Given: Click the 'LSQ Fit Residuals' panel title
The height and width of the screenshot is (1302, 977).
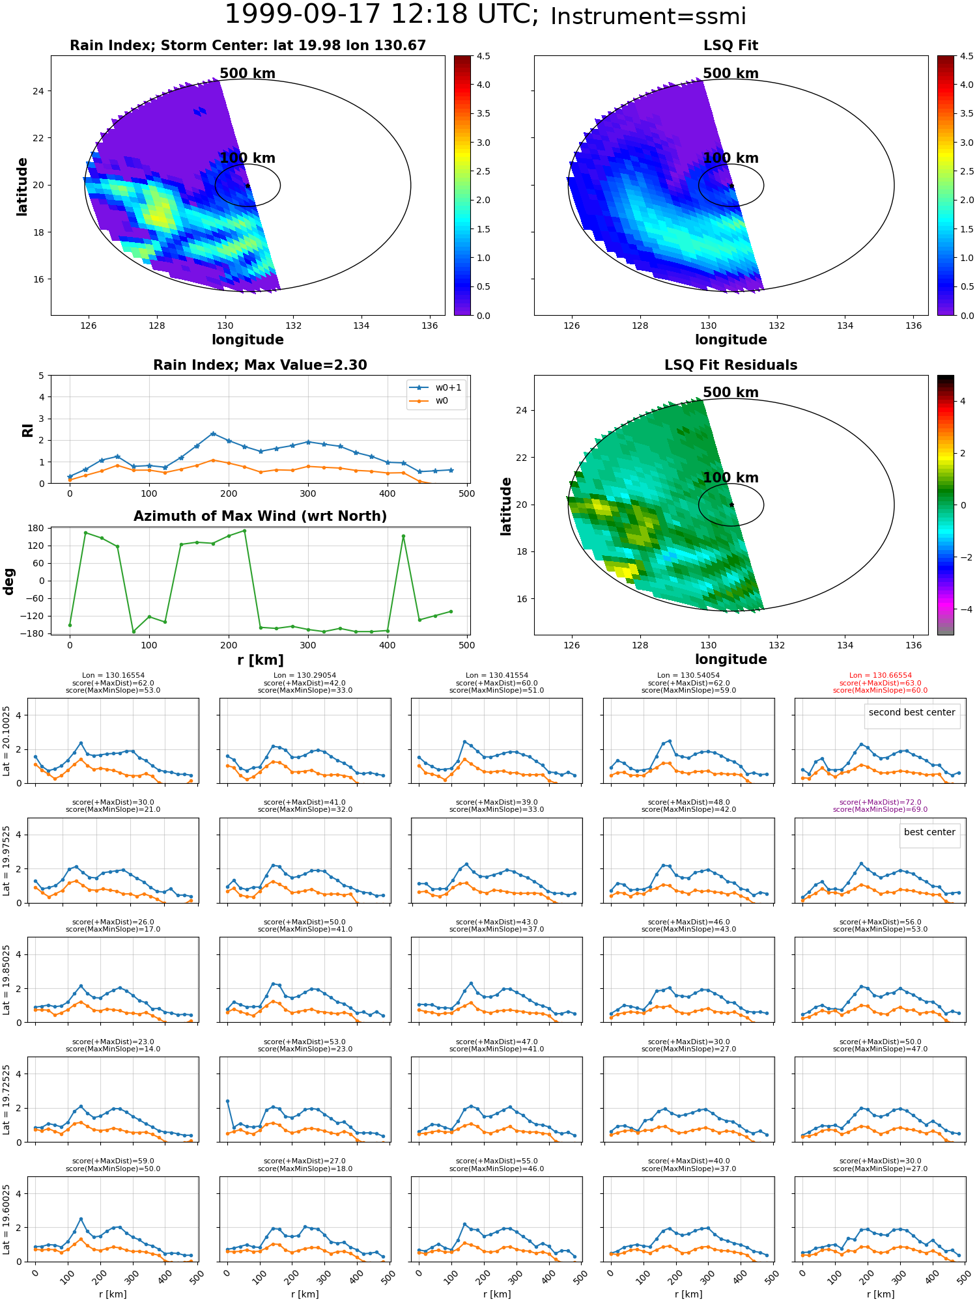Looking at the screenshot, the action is (731, 365).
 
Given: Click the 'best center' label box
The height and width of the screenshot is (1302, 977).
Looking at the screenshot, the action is (929, 832).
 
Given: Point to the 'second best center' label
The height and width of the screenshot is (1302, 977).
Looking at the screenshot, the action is (912, 712).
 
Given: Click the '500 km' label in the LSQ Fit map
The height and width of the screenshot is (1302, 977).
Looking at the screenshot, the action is (731, 74).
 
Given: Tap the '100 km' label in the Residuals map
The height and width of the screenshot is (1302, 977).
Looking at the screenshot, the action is (731, 478).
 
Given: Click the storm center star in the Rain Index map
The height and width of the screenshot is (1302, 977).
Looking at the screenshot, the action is (248, 186).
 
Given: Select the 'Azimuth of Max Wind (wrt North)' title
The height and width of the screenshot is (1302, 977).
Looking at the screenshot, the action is (260, 516).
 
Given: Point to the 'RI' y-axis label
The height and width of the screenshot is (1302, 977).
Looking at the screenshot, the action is (28, 430).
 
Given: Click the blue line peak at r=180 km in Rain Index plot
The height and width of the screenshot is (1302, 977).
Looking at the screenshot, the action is (213, 434).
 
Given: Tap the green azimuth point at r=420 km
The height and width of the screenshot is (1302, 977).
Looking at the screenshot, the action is (403, 536).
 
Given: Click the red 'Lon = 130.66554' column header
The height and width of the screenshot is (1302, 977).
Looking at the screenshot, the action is (881, 676).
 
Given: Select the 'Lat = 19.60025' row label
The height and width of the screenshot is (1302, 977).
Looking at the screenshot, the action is (7, 1219).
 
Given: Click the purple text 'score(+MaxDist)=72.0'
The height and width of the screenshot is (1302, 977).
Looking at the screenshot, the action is (881, 803).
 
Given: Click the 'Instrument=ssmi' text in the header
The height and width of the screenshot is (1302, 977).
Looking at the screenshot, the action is (648, 17).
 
